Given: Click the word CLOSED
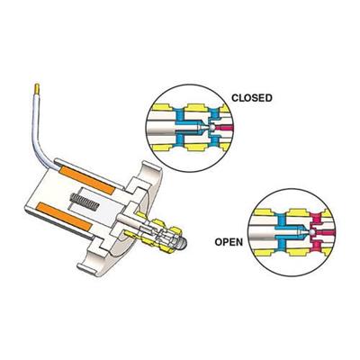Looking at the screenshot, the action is [x=252, y=98].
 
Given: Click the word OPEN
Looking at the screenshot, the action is [x=229, y=242].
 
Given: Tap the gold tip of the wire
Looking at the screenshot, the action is [x=37, y=88].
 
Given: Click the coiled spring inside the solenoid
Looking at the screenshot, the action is [x=85, y=202].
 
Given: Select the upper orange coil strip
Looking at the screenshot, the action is [x=87, y=180].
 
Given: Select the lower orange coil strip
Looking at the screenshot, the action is [x=64, y=216].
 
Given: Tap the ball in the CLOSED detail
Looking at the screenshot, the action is [x=212, y=128].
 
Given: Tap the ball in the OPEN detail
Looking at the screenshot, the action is [x=312, y=232].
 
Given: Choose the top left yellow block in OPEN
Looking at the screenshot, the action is [x=264, y=212].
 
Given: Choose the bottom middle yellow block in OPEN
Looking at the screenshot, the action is [x=298, y=252].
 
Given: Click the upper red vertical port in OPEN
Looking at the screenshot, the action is [x=316, y=220].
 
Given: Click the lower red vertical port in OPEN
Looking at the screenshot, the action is [x=316, y=246].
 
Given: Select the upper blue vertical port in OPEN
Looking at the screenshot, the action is [x=281, y=220].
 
